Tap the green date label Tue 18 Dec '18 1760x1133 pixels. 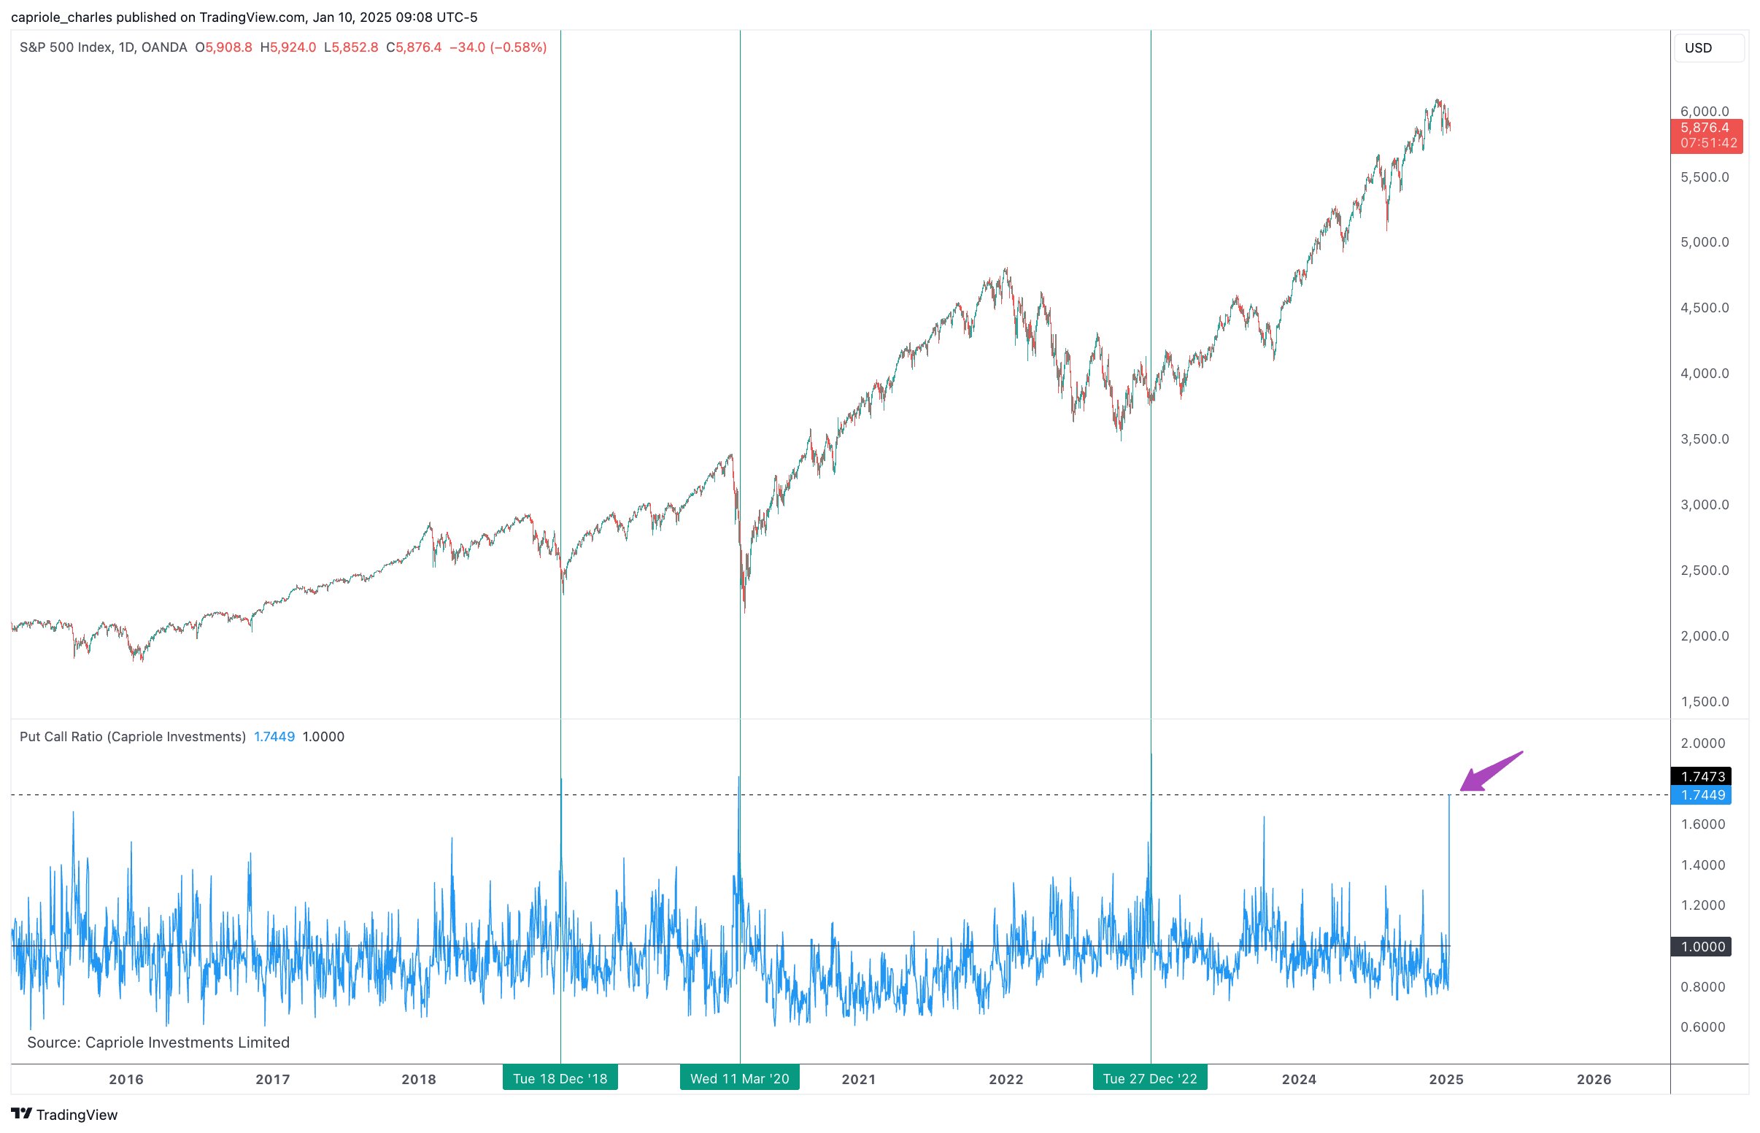pyautogui.click(x=560, y=1078)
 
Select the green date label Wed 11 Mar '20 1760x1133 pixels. pyautogui.click(x=739, y=1078)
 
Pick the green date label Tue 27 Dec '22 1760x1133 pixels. pyautogui.click(x=1149, y=1078)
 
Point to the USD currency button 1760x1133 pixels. pyautogui.click(x=1707, y=48)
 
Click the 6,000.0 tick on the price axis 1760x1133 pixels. pyautogui.click(x=1704, y=111)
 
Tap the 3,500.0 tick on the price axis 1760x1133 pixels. pyautogui.click(x=1704, y=439)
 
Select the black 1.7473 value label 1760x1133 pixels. pyautogui.click(x=1702, y=776)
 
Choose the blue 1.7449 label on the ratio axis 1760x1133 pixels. pyautogui.click(x=1702, y=795)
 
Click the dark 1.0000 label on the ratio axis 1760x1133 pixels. pyautogui.click(x=1702, y=947)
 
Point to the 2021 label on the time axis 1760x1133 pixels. pyautogui.click(x=859, y=1079)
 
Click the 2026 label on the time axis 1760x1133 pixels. pyautogui.click(x=1594, y=1079)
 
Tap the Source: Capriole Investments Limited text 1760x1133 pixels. pyautogui.click(x=158, y=1043)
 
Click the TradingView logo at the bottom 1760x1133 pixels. pyautogui.click(x=65, y=1115)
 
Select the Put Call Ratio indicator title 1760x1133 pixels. pyautogui.click(x=133, y=736)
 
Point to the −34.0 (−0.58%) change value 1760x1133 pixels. pyautogui.click(x=498, y=47)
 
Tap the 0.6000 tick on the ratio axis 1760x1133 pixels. pyautogui.click(x=1702, y=1027)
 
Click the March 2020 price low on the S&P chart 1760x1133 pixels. pyautogui.click(x=744, y=611)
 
